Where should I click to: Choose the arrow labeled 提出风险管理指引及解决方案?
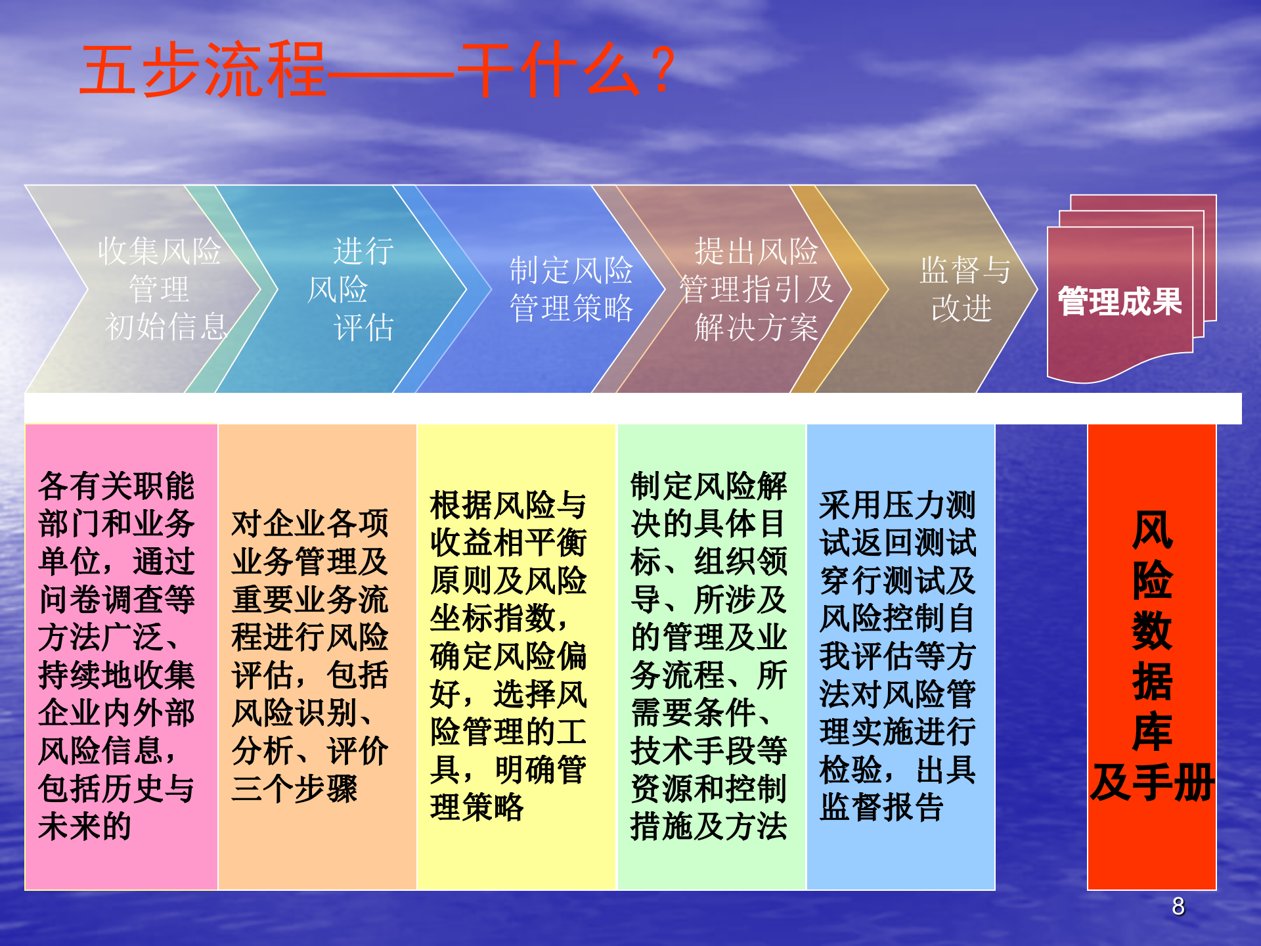point(755,289)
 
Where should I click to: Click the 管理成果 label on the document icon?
point(1120,302)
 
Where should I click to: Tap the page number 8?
point(1178,907)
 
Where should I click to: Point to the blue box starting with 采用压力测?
point(900,657)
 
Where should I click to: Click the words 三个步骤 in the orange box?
point(294,789)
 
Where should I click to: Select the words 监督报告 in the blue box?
point(881,807)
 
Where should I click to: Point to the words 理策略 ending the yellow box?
point(477,807)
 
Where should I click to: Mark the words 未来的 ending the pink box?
point(85,826)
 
